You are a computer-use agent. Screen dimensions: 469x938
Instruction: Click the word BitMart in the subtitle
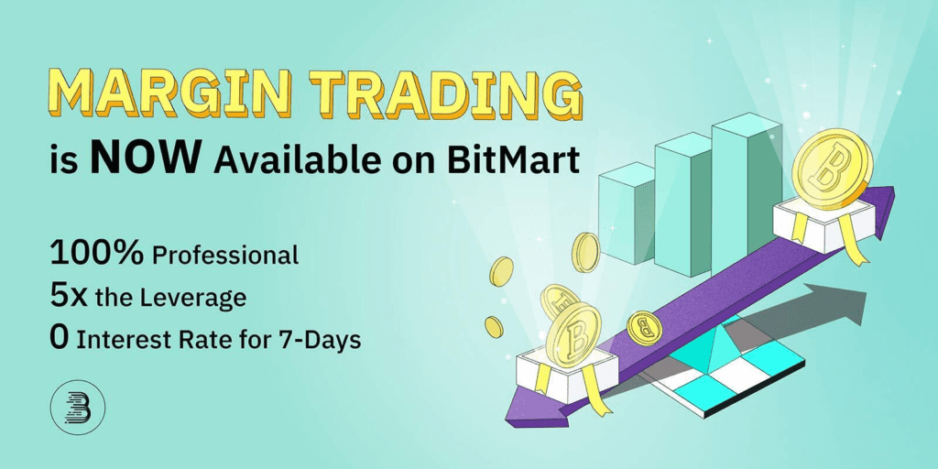click(524, 161)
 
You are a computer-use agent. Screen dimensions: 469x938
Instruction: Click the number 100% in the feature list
click(96, 253)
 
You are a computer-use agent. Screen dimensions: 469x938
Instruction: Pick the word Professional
click(225, 256)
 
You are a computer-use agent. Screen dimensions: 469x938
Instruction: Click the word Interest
click(118, 340)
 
